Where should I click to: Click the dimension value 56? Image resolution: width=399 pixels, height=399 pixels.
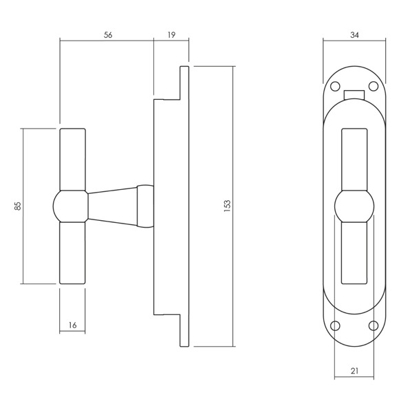coord(108,35)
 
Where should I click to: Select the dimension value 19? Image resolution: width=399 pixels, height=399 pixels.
coord(171,34)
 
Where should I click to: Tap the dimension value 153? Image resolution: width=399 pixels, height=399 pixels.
coord(227,206)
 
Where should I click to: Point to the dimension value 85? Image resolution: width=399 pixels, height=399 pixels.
coord(18,206)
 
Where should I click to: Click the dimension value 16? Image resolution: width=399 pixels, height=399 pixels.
coord(72,325)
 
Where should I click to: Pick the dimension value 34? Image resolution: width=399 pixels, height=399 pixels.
coord(354,35)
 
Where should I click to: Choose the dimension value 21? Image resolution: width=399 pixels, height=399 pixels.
coord(354,371)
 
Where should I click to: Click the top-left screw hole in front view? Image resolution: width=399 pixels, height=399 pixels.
coord(335,87)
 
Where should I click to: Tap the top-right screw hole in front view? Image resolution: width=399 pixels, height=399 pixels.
coord(374,86)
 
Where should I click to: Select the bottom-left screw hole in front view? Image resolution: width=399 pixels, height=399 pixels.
coord(335,326)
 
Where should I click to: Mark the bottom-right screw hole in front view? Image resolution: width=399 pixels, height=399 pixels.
coord(374,325)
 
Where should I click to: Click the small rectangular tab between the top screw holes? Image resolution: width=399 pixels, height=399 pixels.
coord(354,95)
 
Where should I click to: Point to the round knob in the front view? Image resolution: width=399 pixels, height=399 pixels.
coord(354,206)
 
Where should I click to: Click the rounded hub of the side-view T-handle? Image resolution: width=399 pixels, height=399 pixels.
coord(70,206)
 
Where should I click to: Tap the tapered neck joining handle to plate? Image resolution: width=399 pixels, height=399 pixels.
coord(112,206)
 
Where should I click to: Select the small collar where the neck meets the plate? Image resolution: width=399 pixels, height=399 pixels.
coord(145,206)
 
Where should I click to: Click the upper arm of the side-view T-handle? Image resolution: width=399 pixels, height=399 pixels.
coord(72,160)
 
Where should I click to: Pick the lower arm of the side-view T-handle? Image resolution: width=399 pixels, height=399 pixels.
coord(72,253)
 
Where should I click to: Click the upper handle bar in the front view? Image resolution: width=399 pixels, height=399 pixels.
coord(354,160)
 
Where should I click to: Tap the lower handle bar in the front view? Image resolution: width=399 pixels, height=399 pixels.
coord(354,253)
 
